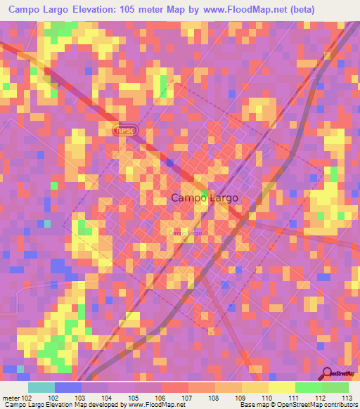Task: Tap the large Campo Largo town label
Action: pos(200,198)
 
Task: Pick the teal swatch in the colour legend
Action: pos(41,387)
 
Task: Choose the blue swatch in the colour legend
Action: pos(67,387)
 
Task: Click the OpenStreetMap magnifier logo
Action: pos(327,373)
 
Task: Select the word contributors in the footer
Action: pos(340,405)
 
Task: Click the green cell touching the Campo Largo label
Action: pos(205,193)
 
